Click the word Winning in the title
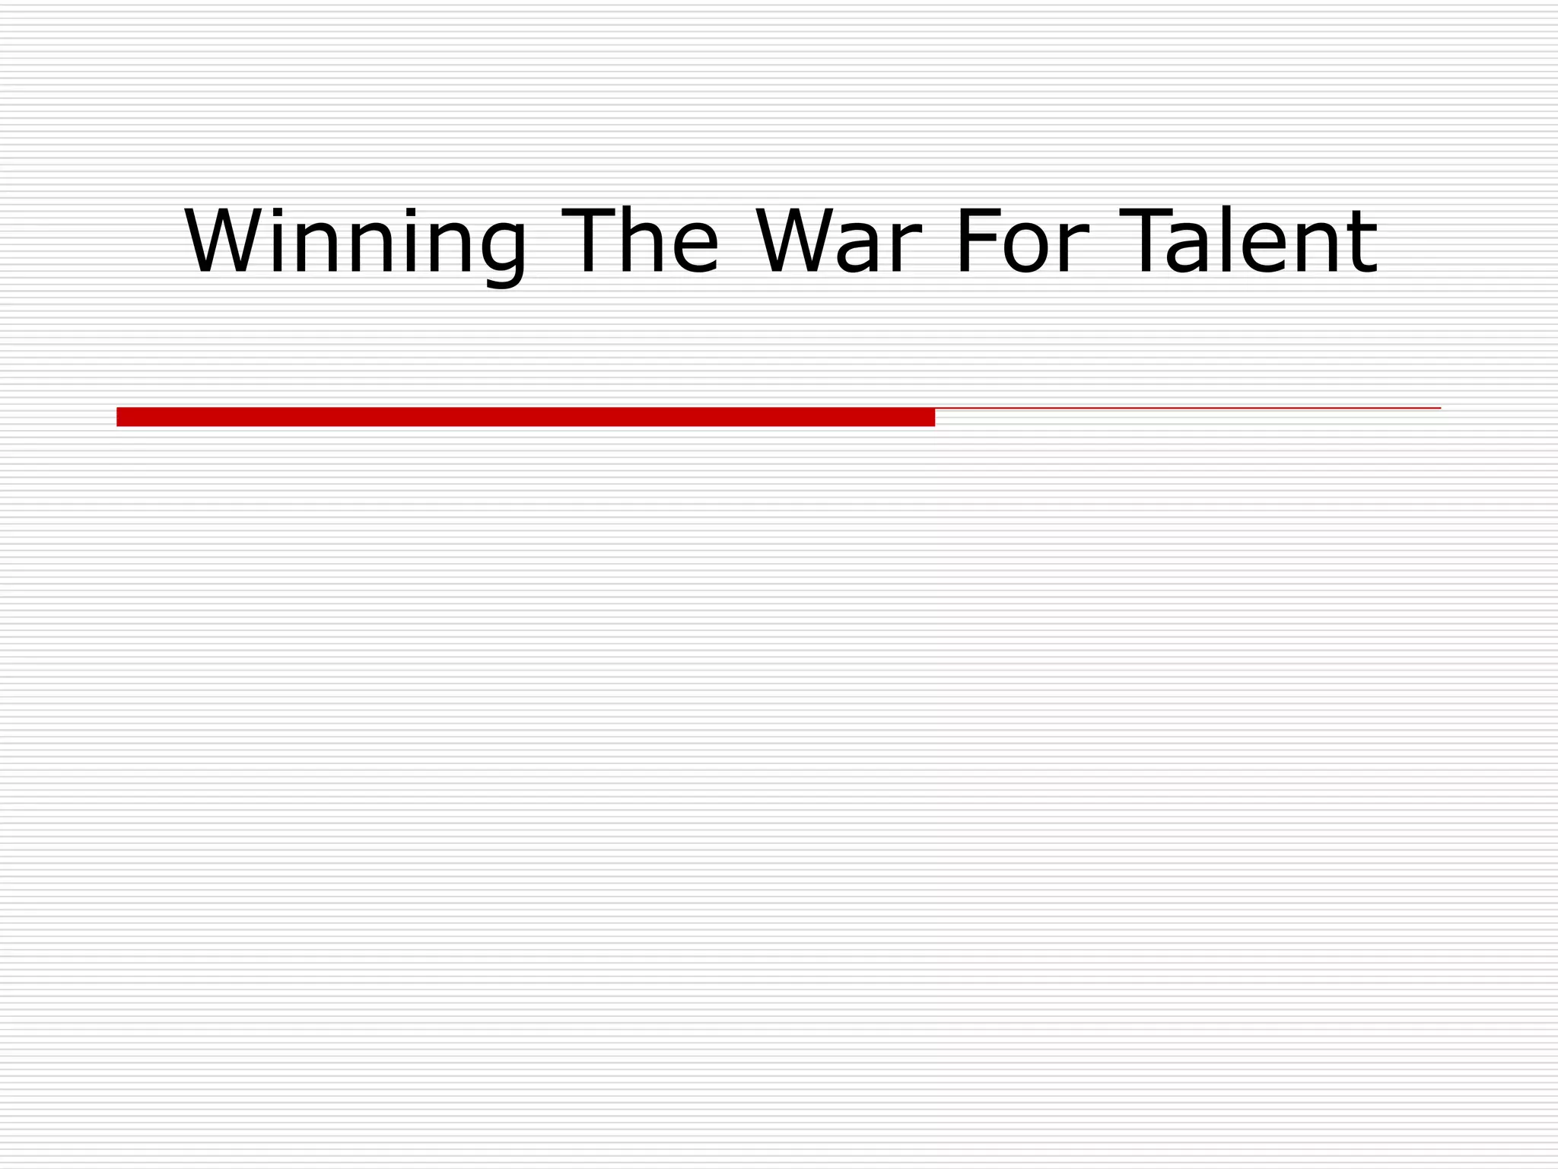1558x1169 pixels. click(x=355, y=242)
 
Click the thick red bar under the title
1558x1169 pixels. click(x=525, y=417)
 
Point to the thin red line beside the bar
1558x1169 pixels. click(x=1187, y=409)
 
